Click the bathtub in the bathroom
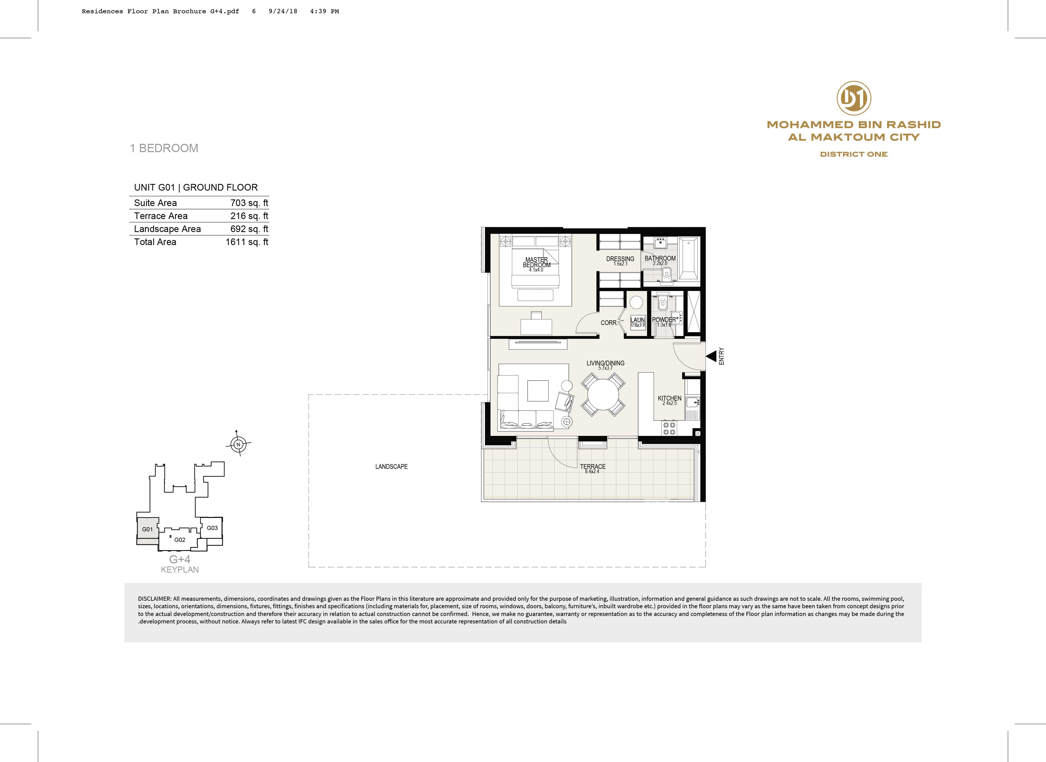pyautogui.click(x=689, y=259)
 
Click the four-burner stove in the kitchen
pyautogui.click(x=669, y=428)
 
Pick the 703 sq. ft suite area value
pyautogui.click(x=249, y=203)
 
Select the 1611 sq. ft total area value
pyautogui.click(x=247, y=242)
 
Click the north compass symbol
pyautogui.click(x=238, y=444)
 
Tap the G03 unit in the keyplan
pyautogui.click(x=212, y=528)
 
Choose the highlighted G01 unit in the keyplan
pyautogui.click(x=148, y=529)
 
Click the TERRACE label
pyautogui.click(x=593, y=466)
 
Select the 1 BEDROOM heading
pyautogui.click(x=164, y=148)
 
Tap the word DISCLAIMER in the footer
pyautogui.click(x=155, y=599)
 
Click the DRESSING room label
pyautogui.click(x=620, y=259)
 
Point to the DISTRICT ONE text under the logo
pyautogui.click(x=854, y=154)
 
